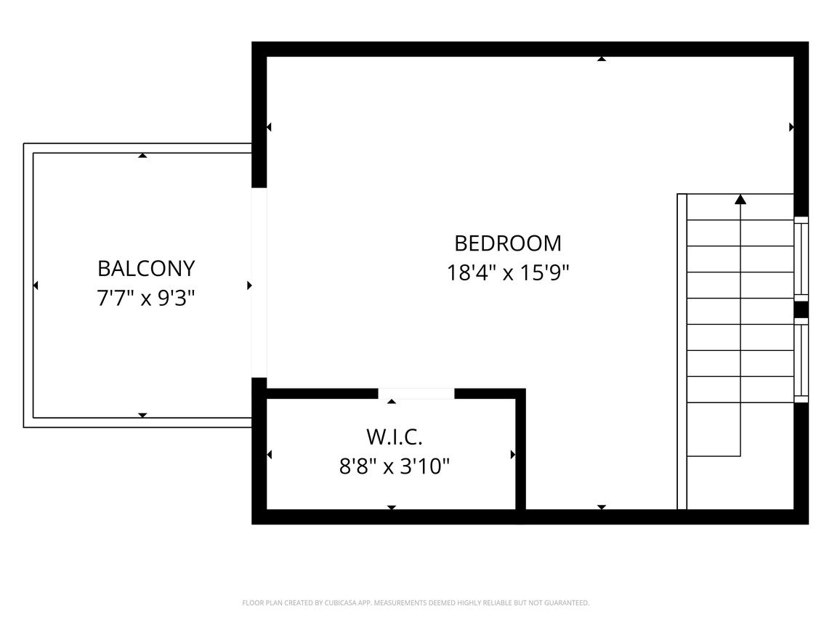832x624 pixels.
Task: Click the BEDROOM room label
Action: (508, 243)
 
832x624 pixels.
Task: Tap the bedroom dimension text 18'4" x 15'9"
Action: (508, 273)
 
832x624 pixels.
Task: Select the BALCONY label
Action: (147, 269)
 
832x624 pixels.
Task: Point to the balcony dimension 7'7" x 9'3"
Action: (146, 299)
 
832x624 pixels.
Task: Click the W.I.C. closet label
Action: (395, 437)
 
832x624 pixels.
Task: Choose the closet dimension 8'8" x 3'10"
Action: (395, 467)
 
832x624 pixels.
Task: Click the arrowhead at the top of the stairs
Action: (740, 199)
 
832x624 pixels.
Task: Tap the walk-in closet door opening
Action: (416, 394)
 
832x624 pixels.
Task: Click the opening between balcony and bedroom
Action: (259, 283)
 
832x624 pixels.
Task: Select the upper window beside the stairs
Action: (801, 259)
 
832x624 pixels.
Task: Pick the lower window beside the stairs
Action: (801, 360)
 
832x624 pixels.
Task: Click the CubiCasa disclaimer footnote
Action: (416, 603)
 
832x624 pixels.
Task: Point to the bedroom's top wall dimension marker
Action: (601, 59)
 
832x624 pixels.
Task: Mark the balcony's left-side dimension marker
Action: (36, 285)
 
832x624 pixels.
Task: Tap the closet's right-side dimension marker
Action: (513, 455)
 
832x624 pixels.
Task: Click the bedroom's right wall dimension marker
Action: (791, 127)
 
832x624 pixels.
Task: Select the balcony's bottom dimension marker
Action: (142, 416)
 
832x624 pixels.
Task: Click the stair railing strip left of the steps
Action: (682, 352)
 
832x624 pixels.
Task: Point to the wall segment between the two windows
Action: (801, 310)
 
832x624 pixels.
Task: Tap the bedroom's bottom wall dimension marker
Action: (601, 507)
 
